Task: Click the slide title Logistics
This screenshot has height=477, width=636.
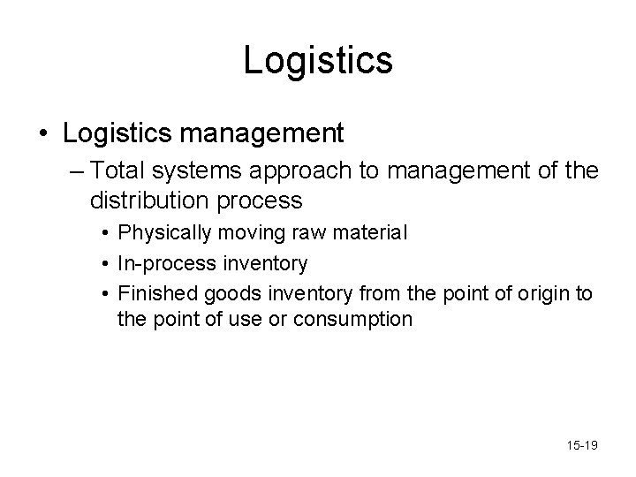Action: [x=318, y=60]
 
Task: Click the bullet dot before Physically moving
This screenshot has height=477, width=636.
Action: [x=104, y=234]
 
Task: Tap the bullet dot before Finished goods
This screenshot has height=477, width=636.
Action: [x=104, y=291]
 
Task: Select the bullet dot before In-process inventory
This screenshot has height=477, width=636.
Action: [x=104, y=262]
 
